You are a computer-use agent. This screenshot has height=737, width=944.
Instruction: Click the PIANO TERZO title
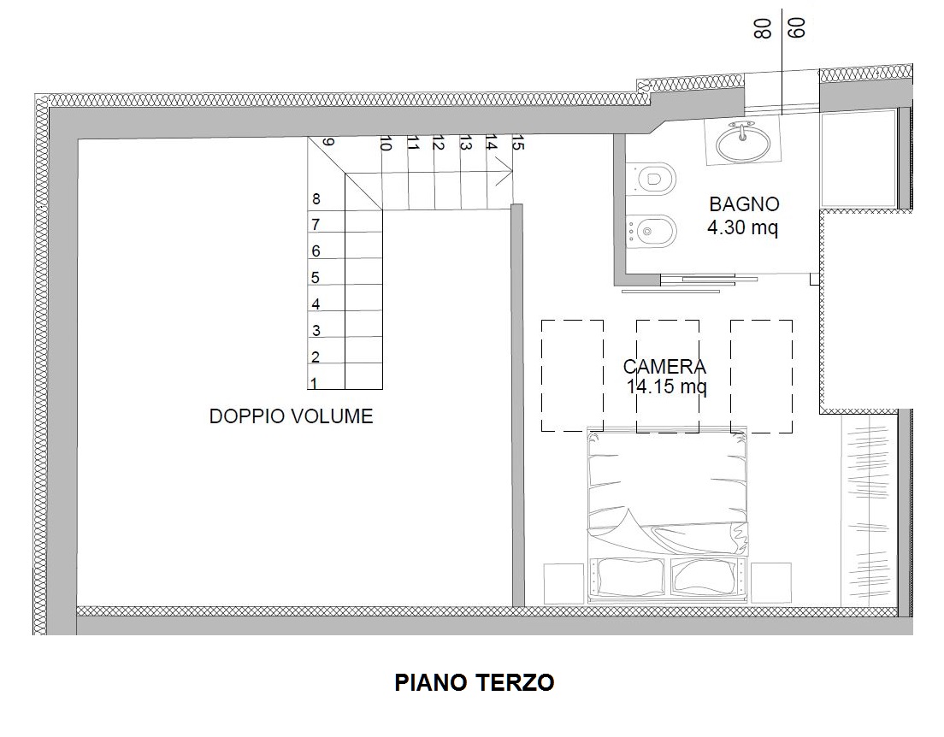tap(474, 682)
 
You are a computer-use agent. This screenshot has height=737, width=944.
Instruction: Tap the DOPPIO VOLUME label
tap(291, 416)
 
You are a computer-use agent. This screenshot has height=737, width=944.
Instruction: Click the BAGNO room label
tap(744, 204)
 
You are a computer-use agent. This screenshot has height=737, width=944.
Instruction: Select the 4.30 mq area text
tap(742, 228)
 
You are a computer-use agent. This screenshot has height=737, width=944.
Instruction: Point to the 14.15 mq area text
tap(666, 386)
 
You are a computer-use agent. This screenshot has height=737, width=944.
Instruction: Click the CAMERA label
tap(664, 367)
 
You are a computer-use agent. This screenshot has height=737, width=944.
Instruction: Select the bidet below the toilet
tap(654, 231)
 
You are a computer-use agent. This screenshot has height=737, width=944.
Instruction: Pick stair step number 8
tap(316, 198)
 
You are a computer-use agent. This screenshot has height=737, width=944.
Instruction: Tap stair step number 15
tap(516, 144)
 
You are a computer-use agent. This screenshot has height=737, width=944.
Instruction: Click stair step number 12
tap(438, 144)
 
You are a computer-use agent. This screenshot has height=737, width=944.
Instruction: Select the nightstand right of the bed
tap(770, 584)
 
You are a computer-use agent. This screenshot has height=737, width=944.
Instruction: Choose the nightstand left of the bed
tap(563, 584)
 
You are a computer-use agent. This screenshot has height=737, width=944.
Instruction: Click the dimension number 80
tap(763, 29)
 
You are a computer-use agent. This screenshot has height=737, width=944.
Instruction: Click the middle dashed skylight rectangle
tap(667, 376)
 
